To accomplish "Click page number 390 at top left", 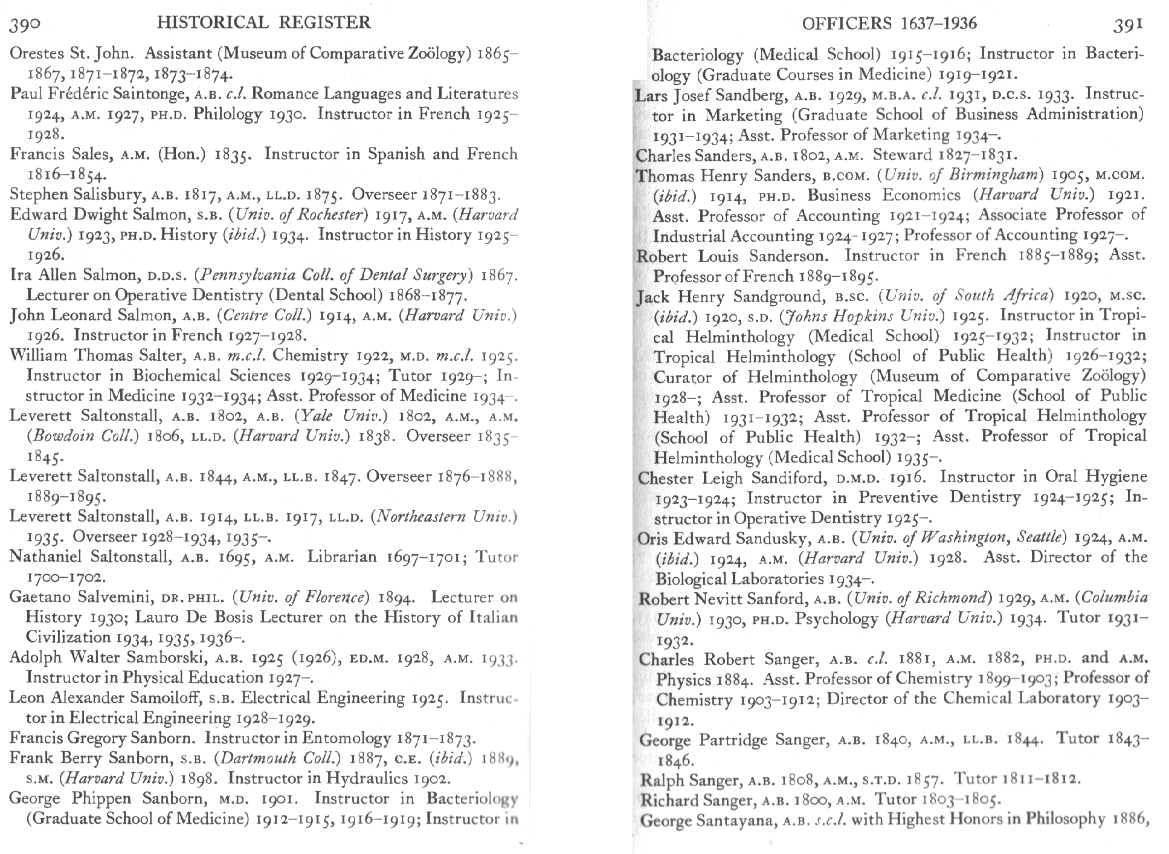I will [25, 24].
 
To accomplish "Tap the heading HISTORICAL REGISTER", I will [263, 23].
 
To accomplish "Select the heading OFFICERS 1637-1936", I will [889, 24].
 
